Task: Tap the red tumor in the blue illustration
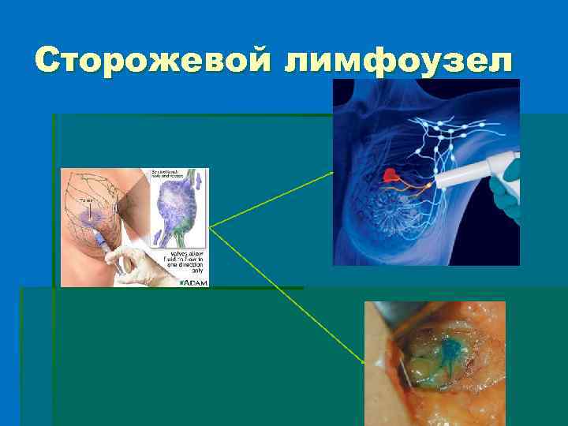pos(390,175)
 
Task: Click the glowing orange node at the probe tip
pos(428,185)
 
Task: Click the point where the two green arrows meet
pos(210,227)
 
